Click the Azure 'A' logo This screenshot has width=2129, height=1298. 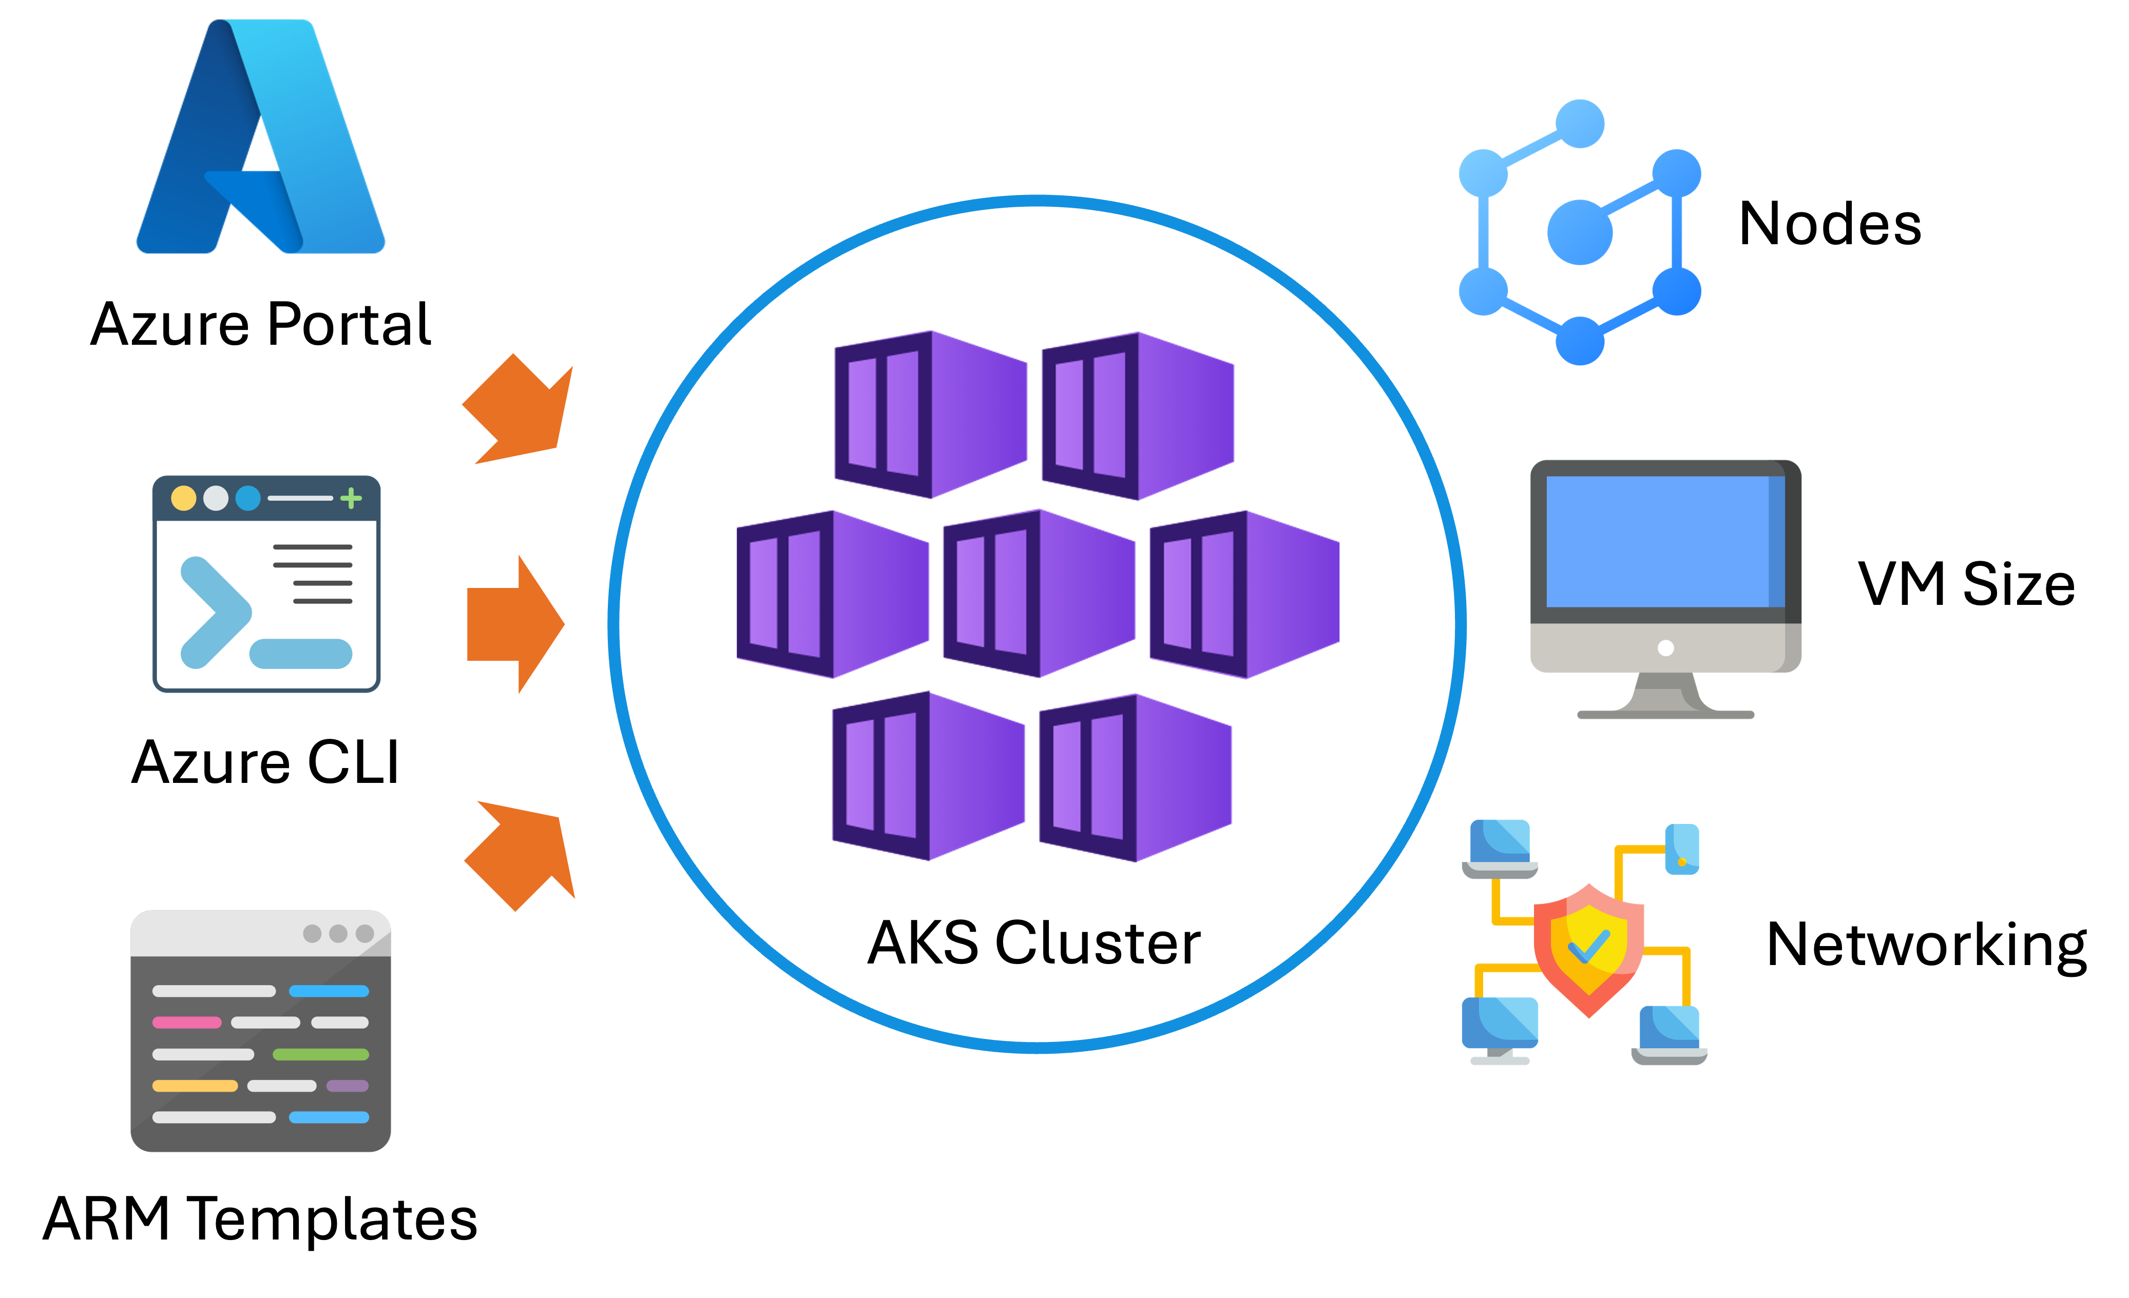[x=259, y=143]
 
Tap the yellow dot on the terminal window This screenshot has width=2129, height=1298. [x=183, y=498]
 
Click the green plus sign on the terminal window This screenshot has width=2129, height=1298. [x=351, y=498]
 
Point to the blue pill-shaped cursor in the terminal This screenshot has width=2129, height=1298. [x=301, y=654]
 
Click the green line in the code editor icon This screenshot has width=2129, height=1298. [x=320, y=1054]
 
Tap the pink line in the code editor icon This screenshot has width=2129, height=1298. [x=187, y=1022]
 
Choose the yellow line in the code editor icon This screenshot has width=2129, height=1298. [x=195, y=1086]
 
